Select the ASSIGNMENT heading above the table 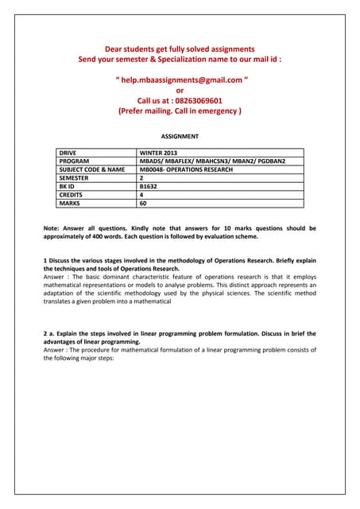point(180,137)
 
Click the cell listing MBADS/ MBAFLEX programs point(211,161)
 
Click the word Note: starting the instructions point(52,228)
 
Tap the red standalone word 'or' point(180,91)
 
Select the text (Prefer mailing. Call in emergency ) point(180,112)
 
